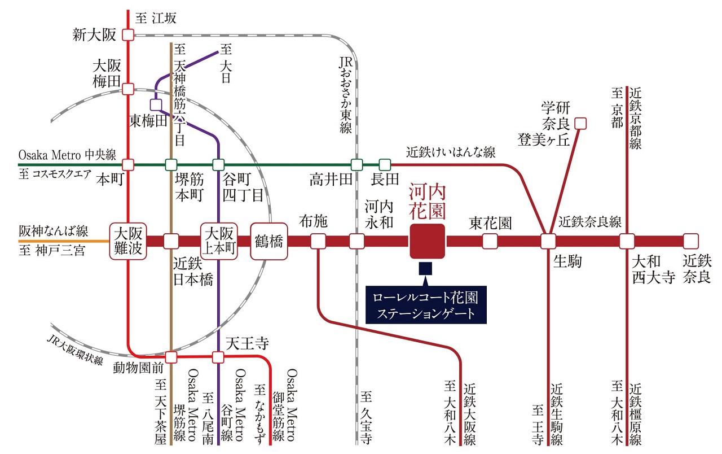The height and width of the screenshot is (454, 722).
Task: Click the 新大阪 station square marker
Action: tap(128, 35)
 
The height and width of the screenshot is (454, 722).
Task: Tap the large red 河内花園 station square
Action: tap(428, 241)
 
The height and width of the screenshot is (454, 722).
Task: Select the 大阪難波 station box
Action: tap(128, 241)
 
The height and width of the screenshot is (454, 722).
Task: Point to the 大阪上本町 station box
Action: tap(218, 241)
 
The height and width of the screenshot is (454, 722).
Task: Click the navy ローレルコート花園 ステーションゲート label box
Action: tap(425, 305)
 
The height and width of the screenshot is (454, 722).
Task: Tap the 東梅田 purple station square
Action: tap(156, 104)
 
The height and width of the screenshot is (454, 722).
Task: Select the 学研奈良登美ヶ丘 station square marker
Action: tap(580, 122)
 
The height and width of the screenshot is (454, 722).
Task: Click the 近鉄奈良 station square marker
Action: tap(690, 241)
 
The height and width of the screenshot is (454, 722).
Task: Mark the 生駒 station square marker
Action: tap(548, 241)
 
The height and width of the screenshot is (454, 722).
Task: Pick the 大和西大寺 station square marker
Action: tap(627, 241)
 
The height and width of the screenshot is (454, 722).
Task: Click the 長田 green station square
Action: tap(385, 165)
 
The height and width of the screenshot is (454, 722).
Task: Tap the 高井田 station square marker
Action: tap(356, 165)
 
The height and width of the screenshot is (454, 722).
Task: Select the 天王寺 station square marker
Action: tap(218, 357)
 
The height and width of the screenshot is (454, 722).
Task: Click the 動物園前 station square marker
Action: tap(171, 357)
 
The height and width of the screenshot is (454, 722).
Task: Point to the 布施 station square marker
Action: tap(319, 241)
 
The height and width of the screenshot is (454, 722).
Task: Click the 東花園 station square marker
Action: tap(490, 241)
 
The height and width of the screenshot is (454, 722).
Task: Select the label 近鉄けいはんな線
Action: tap(450, 152)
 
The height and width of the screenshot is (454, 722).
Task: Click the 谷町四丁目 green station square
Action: tap(218, 165)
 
